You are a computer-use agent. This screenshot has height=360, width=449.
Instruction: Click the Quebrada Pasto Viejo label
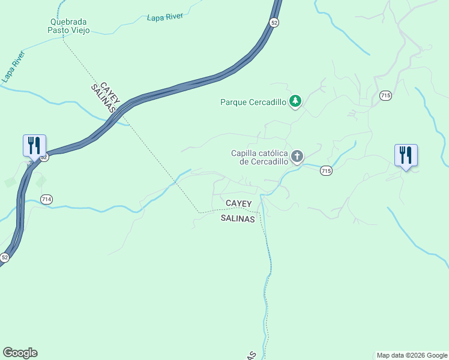(x=69, y=26)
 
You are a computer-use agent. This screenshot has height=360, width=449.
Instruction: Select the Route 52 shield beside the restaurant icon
(x=44, y=157)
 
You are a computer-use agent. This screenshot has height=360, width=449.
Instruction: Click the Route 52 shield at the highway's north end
(x=274, y=22)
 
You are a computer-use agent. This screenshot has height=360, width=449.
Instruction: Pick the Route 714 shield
(x=47, y=199)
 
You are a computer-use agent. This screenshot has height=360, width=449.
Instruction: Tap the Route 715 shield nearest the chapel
(x=325, y=171)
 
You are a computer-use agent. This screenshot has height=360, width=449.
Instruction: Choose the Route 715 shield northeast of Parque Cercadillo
(x=385, y=95)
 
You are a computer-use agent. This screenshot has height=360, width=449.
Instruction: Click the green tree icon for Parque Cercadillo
(x=295, y=101)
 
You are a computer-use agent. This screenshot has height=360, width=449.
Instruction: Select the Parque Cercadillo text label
(x=253, y=102)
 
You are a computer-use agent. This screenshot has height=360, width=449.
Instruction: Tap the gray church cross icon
(x=297, y=157)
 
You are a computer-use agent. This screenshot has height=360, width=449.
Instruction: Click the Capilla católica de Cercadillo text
(x=259, y=157)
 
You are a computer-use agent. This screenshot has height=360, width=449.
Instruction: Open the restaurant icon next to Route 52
(x=34, y=145)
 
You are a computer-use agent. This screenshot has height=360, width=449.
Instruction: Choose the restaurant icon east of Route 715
(x=406, y=155)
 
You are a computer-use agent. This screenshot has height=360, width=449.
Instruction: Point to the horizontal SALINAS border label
(x=238, y=219)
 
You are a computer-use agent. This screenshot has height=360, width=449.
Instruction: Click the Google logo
(x=20, y=353)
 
